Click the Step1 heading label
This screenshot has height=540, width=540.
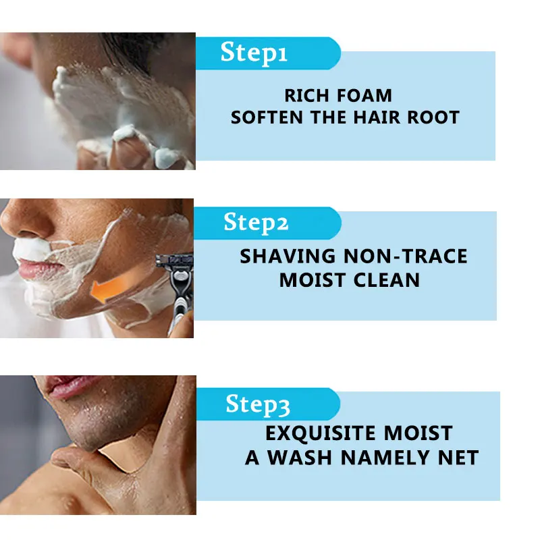pos(254,53)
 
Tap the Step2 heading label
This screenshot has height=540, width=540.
pos(257,222)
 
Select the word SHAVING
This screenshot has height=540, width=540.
pos(288,256)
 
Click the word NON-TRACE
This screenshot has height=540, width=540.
pos(406,256)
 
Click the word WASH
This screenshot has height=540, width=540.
pos(300,457)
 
